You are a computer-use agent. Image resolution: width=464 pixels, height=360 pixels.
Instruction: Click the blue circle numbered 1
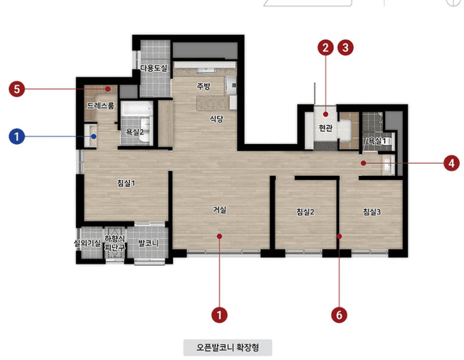tap(17, 136)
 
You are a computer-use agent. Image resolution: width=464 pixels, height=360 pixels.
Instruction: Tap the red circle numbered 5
tap(17, 89)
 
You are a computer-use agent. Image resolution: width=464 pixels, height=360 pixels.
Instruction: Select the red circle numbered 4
tap(451, 163)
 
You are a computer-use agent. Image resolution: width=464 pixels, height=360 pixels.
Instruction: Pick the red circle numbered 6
tap(339, 315)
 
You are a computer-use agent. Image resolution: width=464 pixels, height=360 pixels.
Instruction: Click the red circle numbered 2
tap(326, 47)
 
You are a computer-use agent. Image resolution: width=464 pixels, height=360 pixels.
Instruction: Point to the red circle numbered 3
tap(345, 47)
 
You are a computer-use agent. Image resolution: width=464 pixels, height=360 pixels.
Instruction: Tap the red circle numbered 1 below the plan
tap(219, 315)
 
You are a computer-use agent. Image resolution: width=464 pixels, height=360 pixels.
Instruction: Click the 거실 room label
tap(219, 210)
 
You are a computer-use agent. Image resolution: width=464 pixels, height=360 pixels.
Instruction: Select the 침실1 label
tap(126, 184)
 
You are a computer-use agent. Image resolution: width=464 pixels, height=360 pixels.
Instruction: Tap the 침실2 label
tap(305, 212)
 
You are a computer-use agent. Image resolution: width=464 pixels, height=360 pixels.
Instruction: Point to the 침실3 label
tap(372, 212)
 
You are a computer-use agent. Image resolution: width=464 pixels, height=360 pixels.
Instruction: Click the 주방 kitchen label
tap(204, 86)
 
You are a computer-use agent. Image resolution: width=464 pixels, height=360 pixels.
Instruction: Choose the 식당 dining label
tap(217, 119)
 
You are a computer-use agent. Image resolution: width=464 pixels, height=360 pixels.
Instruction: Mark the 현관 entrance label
tap(326, 128)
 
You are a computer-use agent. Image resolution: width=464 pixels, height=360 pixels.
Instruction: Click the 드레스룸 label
tap(101, 105)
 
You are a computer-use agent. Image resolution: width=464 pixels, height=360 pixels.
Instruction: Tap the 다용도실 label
tap(154, 68)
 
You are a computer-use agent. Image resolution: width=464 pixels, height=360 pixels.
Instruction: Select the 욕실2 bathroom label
tap(135, 131)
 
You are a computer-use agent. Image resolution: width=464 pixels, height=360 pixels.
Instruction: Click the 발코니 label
tap(148, 243)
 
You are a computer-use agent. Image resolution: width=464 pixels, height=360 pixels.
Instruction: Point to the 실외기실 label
tap(87, 243)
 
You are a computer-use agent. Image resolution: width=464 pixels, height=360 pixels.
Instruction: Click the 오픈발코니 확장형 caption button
tap(228, 347)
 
